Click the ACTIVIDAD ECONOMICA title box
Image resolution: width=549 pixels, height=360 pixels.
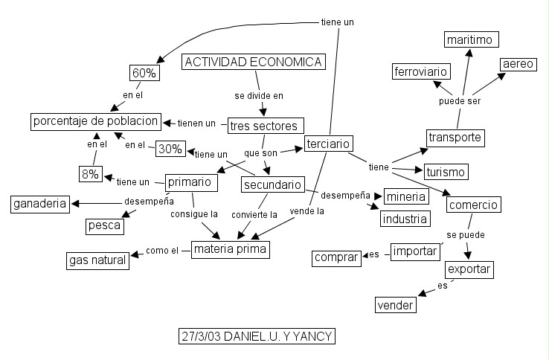(x=254, y=62)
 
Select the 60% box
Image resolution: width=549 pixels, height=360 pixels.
(x=143, y=73)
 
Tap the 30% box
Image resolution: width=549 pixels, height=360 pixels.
(x=170, y=148)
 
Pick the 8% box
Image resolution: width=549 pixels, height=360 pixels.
(x=91, y=174)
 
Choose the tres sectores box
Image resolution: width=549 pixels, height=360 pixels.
(x=263, y=126)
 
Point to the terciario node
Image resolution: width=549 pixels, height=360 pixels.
(x=328, y=144)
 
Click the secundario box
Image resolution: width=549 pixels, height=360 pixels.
(x=272, y=184)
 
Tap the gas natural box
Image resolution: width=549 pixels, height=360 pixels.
(x=97, y=260)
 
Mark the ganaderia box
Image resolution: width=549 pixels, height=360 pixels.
(x=39, y=203)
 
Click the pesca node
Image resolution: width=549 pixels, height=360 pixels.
(x=104, y=225)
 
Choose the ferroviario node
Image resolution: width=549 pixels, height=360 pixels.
(x=421, y=71)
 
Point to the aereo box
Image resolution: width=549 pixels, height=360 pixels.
(x=518, y=64)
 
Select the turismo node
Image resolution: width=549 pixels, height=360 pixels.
(x=446, y=173)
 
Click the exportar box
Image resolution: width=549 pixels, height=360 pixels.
(x=469, y=269)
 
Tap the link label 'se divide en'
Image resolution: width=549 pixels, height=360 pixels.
(x=259, y=95)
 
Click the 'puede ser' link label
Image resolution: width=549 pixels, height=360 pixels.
(x=459, y=100)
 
